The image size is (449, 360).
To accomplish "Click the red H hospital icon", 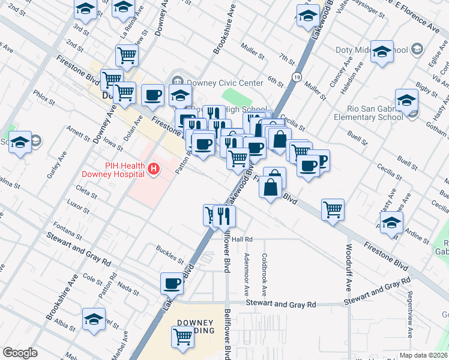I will (x=154, y=170).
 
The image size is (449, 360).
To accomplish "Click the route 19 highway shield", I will (x=297, y=76).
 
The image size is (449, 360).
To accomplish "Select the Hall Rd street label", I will (x=241, y=239).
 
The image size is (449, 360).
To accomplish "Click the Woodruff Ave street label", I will (x=349, y=267).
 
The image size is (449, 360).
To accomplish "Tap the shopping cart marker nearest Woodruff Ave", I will (x=333, y=209).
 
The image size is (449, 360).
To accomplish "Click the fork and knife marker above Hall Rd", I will (x=224, y=215).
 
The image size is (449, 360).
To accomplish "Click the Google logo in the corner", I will (x=20, y=353).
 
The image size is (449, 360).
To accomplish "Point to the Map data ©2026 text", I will (x=423, y=355).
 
